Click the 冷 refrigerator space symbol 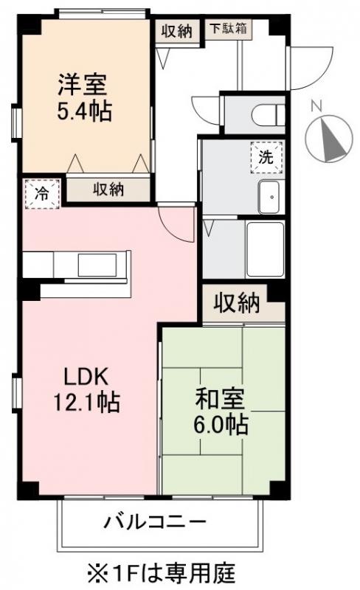(x=43, y=194)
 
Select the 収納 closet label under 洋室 (x=108, y=189)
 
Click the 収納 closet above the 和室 (x=236, y=302)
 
